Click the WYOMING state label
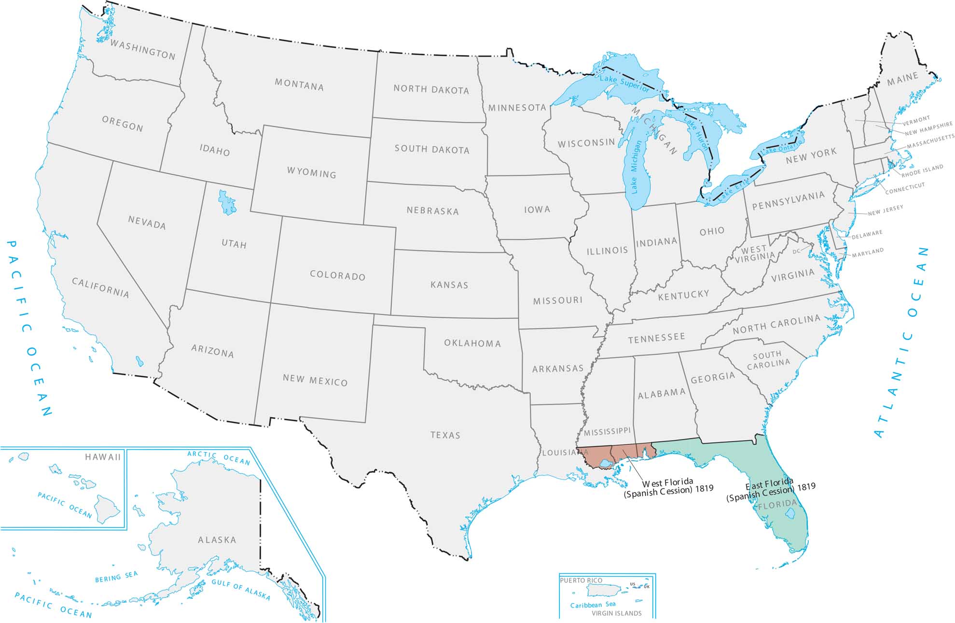pos(311,172)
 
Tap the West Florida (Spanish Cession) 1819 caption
pos(668,487)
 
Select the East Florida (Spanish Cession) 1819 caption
pos(770,490)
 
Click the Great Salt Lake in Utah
pos(226,202)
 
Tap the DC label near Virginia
pos(796,252)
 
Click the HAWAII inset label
pos(103,457)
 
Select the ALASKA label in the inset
pos(217,540)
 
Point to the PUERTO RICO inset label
pos(581,581)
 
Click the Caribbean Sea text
pos(593,605)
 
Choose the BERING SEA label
pos(116,577)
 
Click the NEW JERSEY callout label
pos(886,211)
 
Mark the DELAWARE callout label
pos(867,235)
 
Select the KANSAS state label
pos(449,285)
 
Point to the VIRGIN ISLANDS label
pos(617,613)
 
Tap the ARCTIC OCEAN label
pos(219,457)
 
